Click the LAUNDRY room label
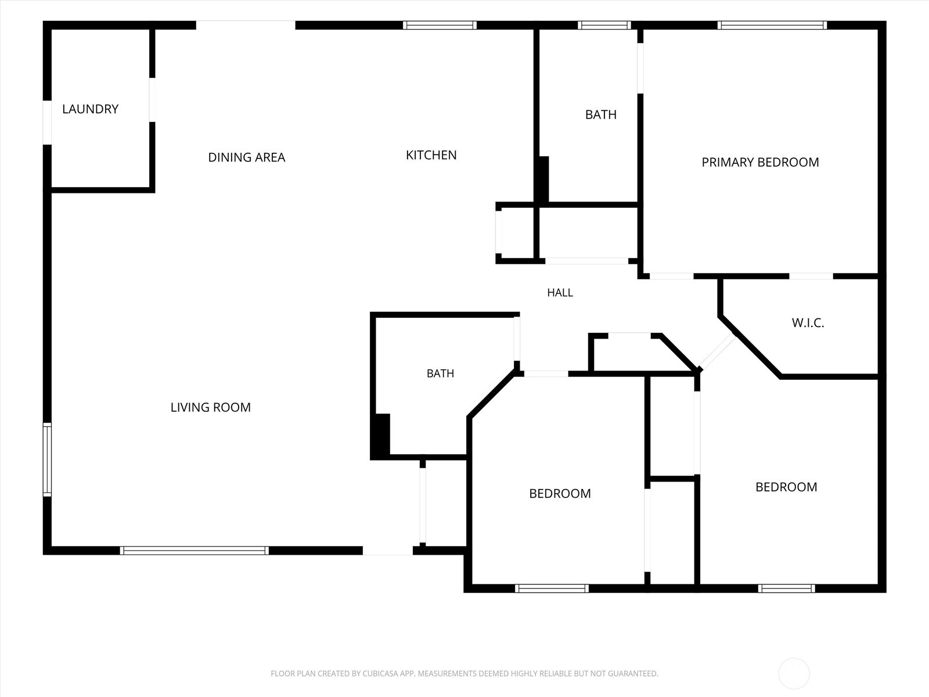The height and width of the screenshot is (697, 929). click(90, 109)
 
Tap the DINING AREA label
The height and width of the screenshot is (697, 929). click(247, 157)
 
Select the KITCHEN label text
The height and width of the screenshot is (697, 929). click(431, 155)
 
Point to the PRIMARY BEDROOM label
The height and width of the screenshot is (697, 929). click(760, 162)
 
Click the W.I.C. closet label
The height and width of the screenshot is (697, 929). click(808, 323)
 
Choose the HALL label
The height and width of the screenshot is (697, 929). click(560, 292)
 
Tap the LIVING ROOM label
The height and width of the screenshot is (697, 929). click(210, 407)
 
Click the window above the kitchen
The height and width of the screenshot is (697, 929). click(440, 26)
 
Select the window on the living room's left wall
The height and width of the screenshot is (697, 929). click(48, 459)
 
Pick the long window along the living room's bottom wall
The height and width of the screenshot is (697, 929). click(195, 550)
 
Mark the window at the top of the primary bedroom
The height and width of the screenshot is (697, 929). click(772, 26)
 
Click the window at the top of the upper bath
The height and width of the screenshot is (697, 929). click(604, 26)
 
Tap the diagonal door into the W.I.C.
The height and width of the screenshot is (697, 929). click(717, 351)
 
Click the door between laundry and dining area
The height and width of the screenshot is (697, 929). click(152, 100)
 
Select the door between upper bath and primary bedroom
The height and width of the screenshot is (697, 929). click(640, 68)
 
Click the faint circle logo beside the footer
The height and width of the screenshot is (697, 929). click(794, 673)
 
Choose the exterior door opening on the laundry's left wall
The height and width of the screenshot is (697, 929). click(48, 123)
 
